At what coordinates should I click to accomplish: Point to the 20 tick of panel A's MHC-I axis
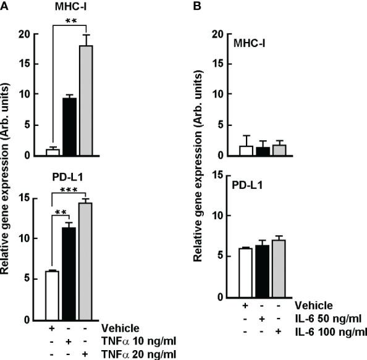click(x=26, y=34)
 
